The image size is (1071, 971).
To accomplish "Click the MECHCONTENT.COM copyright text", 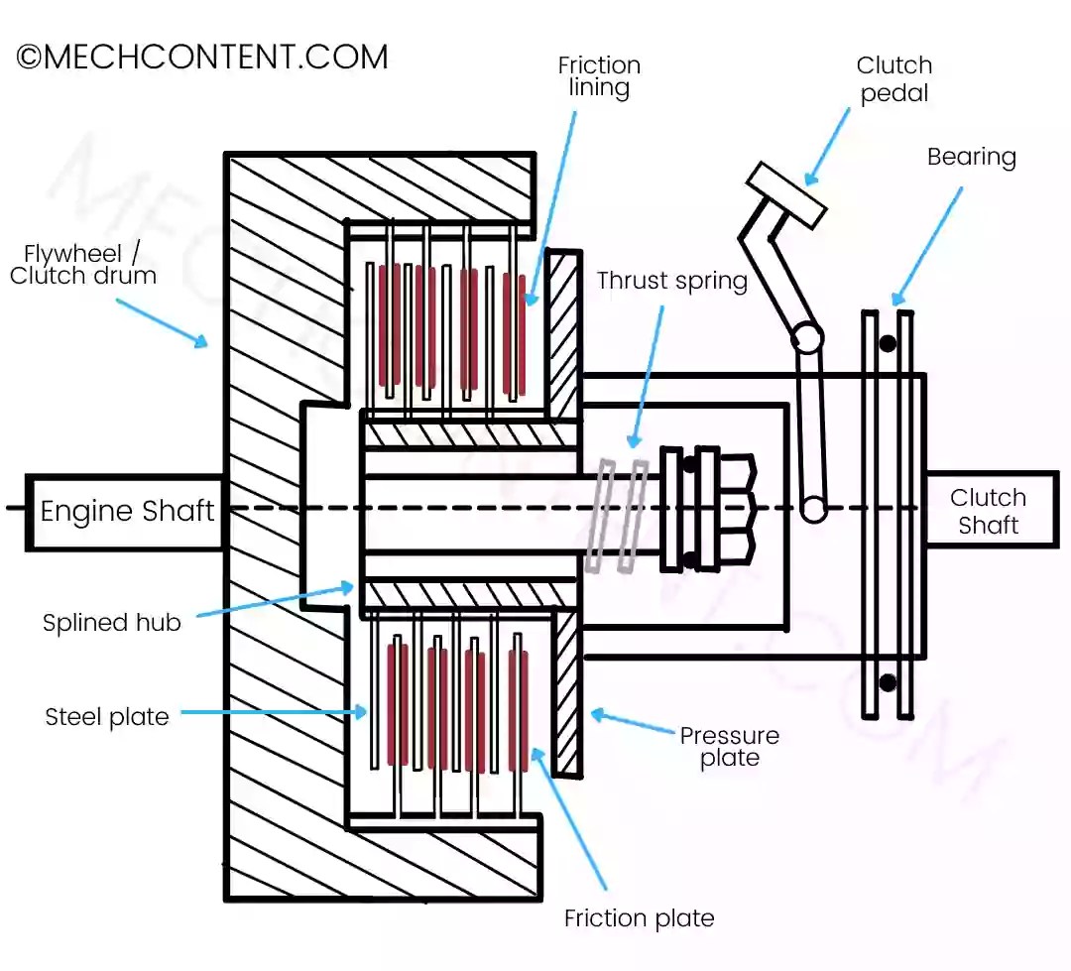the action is coord(202,57).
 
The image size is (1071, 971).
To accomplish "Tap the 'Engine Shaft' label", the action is coord(127,511).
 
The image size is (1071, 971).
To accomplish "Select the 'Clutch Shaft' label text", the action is coord(988,511).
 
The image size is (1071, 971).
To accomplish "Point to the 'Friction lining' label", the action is coord(599,76).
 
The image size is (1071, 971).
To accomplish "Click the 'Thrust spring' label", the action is coord(672,281).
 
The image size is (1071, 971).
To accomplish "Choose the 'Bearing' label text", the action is coord(971,157).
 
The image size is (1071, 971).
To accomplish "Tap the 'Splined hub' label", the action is coord(111,623).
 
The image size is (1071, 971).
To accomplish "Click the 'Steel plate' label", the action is coord(106,717).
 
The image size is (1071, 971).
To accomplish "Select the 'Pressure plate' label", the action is coord(730,746).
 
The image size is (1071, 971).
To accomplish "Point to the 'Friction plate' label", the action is coord(639,918).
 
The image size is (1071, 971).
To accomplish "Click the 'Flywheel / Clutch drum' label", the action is coord(82,265).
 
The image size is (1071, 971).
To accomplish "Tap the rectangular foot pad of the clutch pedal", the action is coord(786,194).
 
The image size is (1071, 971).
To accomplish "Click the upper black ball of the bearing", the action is coord(888,342).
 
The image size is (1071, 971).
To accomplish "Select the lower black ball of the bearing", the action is coord(888,681).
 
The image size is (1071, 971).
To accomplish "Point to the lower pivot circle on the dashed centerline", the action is coord(813,509).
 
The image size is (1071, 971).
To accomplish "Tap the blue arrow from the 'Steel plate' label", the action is coord(274,713).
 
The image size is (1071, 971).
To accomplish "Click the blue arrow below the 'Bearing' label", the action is coord(927,246).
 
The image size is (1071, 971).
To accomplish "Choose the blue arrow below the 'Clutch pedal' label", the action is coord(826,146).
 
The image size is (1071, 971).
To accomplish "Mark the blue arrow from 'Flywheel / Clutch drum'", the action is coord(162,323).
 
